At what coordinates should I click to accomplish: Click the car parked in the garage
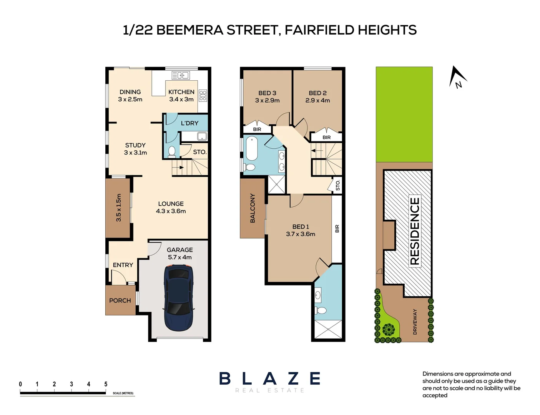179,298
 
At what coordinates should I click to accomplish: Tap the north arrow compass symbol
457,77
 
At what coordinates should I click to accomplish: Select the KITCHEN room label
181,92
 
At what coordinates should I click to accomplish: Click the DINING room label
130,92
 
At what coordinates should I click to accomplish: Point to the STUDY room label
135,145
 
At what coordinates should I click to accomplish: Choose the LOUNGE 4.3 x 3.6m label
171,207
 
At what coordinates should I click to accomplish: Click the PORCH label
120,300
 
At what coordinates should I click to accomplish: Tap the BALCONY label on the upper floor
253,208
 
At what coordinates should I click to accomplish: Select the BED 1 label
301,227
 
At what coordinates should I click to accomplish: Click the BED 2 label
317,93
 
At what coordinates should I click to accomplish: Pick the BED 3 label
267,93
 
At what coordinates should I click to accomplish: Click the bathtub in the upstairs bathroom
252,148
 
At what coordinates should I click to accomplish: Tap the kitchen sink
181,75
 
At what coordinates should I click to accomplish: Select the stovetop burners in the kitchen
203,96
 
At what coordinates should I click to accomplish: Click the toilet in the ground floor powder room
172,151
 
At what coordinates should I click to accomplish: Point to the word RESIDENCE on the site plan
415,231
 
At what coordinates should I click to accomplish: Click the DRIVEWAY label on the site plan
415,322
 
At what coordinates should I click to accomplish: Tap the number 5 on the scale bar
106,384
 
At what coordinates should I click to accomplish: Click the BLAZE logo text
270,379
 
